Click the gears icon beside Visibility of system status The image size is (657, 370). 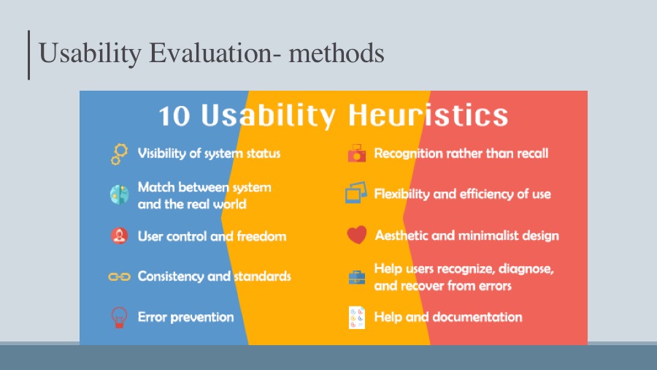click(x=120, y=154)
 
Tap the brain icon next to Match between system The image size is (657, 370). click(x=120, y=195)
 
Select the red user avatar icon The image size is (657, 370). click(x=120, y=235)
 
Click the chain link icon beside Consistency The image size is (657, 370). click(x=120, y=276)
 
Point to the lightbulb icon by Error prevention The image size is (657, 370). click(x=119, y=317)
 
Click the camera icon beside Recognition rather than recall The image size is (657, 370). click(x=356, y=153)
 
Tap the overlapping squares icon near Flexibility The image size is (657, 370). click(x=356, y=192)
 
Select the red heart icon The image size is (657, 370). click(x=356, y=235)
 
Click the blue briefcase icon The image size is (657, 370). click(x=356, y=277)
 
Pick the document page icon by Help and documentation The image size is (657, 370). click(x=356, y=317)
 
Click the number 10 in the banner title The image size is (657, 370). click(x=174, y=116)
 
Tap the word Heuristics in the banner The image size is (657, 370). click(x=429, y=115)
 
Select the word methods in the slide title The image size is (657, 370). click(x=337, y=53)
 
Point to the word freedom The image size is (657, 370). click(x=261, y=236)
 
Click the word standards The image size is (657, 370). click(x=262, y=276)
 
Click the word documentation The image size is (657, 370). click(x=477, y=317)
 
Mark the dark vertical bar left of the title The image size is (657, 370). click(x=28, y=55)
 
